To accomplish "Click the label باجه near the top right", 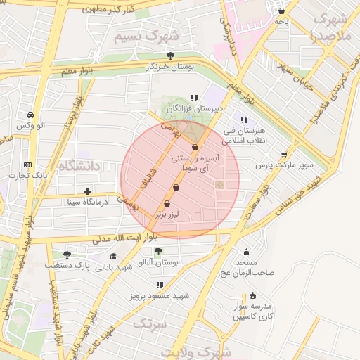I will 281,22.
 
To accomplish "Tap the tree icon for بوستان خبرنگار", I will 169,55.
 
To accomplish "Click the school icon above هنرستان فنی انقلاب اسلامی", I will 245,120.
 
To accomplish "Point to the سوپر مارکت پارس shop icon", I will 284,155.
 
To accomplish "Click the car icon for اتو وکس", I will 30,115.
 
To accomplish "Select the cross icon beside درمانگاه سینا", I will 87,191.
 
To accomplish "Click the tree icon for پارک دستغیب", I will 67,255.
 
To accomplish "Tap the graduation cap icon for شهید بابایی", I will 113,256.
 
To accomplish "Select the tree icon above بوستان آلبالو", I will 158,250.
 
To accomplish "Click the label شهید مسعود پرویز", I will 160,296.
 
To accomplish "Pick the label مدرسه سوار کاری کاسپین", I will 257,312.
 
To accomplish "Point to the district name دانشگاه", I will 81,166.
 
